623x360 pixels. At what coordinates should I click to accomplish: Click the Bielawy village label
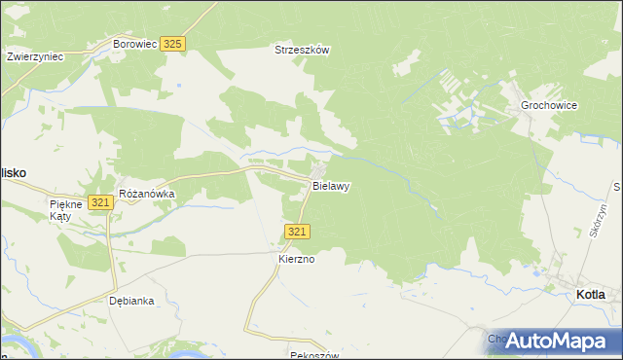331,185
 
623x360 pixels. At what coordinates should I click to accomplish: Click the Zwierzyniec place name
35,56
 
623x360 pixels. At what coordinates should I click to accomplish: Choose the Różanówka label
146,194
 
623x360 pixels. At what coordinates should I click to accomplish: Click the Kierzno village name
298,260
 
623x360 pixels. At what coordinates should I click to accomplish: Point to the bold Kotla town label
590,294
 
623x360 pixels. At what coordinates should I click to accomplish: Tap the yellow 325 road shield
173,44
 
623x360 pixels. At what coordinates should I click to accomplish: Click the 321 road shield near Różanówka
99,201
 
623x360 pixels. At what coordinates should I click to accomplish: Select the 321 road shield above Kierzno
298,231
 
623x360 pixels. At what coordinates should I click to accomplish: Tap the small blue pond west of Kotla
536,273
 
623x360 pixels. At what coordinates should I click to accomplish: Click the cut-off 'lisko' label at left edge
13,171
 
